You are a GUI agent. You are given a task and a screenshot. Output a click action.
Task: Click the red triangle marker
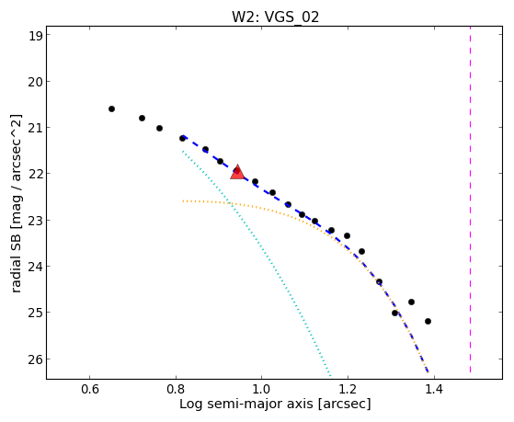coord(237,173)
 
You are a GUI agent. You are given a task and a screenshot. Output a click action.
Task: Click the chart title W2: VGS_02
coord(275,17)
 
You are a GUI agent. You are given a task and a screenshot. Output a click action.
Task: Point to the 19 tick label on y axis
coord(36,36)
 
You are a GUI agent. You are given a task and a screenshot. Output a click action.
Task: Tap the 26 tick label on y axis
coord(36,359)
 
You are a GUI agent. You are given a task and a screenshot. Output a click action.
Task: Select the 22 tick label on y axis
coord(36,174)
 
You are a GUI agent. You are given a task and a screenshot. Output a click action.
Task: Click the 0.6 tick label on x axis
coord(89,389)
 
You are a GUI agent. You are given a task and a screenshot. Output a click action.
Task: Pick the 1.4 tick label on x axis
coord(434,389)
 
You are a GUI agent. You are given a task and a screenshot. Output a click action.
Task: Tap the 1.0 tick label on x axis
coord(261,389)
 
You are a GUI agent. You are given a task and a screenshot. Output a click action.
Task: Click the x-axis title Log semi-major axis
coord(246,404)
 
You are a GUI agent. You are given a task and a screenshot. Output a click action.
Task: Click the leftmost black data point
coord(112,108)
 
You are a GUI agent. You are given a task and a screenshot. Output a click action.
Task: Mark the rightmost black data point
coord(428,322)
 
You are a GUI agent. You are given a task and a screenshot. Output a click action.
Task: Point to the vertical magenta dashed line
coord(471,200)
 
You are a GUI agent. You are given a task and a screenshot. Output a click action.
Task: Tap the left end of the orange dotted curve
coord(183,200)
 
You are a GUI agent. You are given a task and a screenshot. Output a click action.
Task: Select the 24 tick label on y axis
coord(36,266)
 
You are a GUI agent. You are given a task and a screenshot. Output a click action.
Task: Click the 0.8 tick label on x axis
coord(176,389)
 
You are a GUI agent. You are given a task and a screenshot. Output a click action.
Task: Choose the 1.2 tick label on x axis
coord(348,389)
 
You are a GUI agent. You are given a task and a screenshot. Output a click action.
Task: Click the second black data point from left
coord(142,118)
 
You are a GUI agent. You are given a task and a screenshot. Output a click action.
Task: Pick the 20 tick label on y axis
coord(36,81)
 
